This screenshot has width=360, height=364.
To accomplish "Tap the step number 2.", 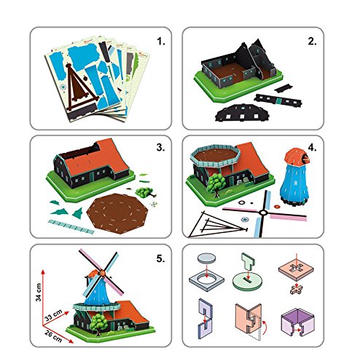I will point(312,41).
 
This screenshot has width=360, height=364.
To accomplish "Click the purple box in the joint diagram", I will point(310,320).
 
